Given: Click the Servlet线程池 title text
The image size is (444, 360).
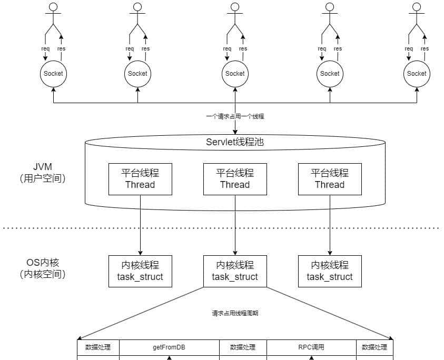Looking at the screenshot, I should tap(234, 142).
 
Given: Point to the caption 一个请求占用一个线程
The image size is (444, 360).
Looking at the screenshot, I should tap(235, 116).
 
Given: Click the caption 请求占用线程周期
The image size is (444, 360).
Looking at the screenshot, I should tap(235, 313).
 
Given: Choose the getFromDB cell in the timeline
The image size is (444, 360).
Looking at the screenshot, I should tap(169, 347).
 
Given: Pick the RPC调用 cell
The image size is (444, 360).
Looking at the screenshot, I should tap(311, 347).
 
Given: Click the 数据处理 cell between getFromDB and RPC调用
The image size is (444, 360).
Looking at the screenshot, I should tap(243, 347).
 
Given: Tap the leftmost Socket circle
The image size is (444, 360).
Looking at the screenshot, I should tap(53, 74).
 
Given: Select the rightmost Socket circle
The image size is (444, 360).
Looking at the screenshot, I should tap(417, 74).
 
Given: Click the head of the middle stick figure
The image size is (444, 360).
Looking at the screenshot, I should tap(235, 7).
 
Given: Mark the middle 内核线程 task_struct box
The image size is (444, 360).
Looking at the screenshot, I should tap(235, 271).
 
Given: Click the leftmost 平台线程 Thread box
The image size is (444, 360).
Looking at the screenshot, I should tap(140, 179).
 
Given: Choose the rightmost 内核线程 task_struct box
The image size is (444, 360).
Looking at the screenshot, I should tap(330, 271).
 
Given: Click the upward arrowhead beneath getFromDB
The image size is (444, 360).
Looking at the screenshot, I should tap(169, 357).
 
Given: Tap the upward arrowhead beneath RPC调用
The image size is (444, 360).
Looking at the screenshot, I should tap(311, 357).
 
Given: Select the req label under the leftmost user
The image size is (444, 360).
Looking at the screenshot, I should tap(45, 49).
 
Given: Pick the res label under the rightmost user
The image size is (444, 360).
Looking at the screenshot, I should tap(425, 49).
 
